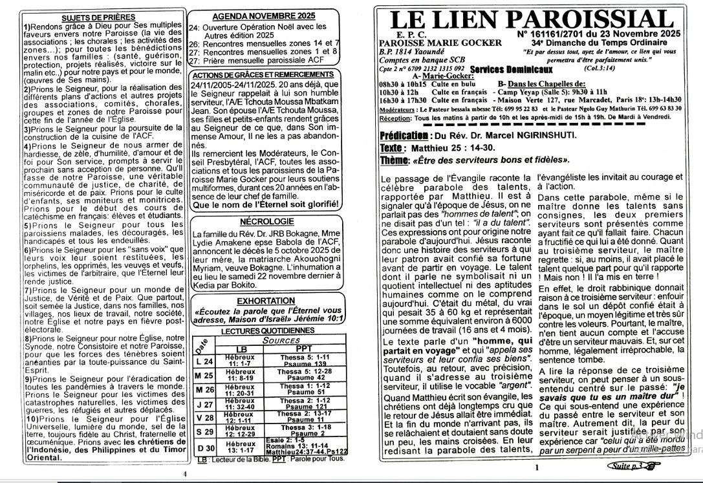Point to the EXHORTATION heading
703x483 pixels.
[x=266, y=301]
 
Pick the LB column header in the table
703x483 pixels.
[x=241, y=349]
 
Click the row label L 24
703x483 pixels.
[x=205, y=361]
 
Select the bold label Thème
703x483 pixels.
[x=395, y=160]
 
